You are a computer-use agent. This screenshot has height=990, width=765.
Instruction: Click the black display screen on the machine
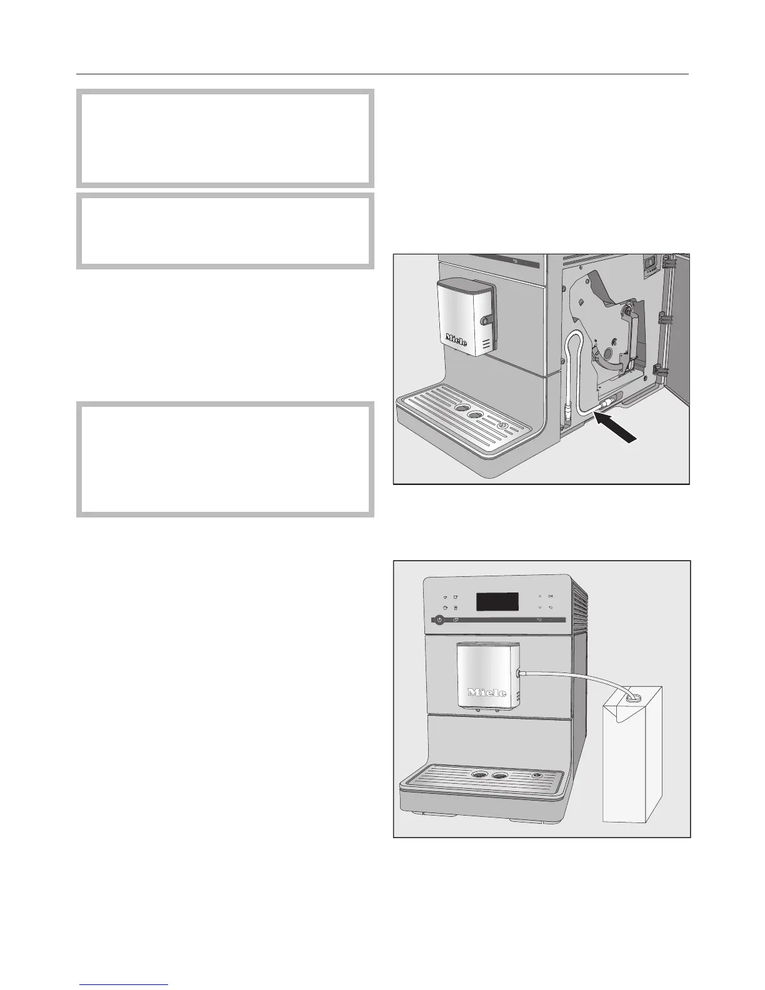point(497,602)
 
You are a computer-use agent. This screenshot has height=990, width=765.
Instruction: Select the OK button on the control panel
point(551,596)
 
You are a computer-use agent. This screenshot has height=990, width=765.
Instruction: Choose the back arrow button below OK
point(551,607)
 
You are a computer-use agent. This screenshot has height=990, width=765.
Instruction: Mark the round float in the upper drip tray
point(501,426)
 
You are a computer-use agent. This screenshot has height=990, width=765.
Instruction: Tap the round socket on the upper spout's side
point(484,321)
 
